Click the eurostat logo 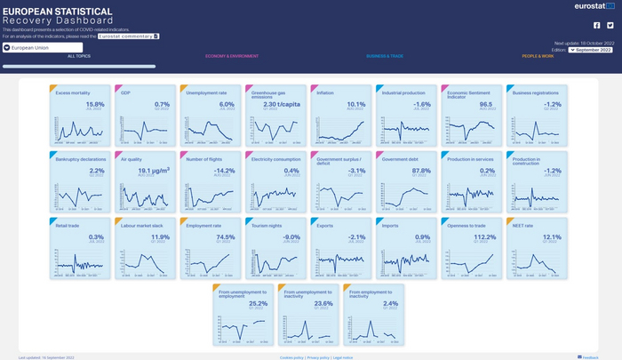coord(594,6)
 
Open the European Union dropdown coord(42,48)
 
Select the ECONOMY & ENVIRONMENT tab coord(232,56)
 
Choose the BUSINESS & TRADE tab coord(385,56)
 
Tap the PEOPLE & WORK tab coord(538,56)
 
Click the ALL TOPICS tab coord(79,56)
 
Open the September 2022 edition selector coord(591,50)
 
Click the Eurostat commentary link coord(128,36)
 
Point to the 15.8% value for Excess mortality coord(95,104)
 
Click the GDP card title coord(125,92)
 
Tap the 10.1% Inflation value coord(355,104)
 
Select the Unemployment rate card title coord(206,92)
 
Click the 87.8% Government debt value coord(421,171)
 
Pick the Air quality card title coord(131,159)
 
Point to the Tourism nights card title coord(267,226)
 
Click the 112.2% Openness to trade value coord(485,237)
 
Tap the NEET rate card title coord(522,226)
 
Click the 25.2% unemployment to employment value coord(258,303)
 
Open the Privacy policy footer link coord(318,357)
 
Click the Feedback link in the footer coord(590,357)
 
